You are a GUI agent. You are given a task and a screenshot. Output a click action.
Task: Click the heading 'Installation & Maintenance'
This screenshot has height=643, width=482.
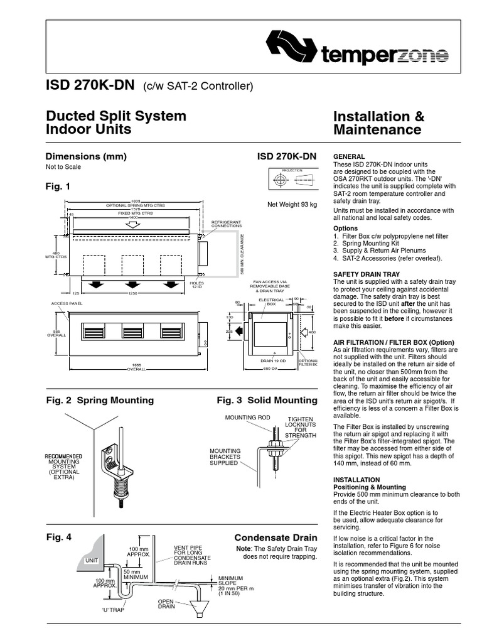tap(378, 123)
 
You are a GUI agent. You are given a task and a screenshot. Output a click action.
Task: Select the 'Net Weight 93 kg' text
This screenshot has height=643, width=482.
tap(292, 204)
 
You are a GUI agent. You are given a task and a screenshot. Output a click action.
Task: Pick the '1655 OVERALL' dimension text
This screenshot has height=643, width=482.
tap(137, 367)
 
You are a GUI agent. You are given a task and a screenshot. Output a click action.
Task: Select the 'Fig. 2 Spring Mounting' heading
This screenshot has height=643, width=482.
tap(100, 400)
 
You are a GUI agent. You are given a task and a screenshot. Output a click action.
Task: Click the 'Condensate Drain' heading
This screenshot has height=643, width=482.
tap(276, 538)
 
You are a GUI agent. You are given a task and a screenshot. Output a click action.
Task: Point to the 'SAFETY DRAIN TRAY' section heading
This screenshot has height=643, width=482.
tap(367, 274)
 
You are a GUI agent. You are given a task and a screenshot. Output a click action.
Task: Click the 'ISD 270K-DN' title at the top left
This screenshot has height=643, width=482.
tap(89, 85)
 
